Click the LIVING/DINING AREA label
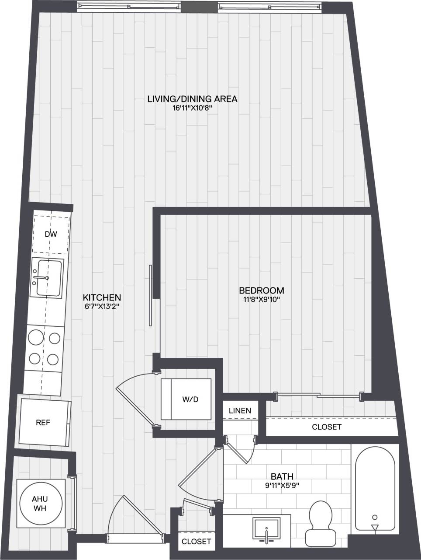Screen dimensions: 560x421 click(192, 99)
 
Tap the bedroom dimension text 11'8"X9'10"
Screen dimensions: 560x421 click(261, 300)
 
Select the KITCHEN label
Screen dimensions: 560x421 click(102, 297)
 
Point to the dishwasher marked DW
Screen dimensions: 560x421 click(52, 234)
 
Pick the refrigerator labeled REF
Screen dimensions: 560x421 click(44, 423)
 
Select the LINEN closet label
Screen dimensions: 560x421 click(240, 410)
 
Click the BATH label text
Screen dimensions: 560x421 click(282, 476)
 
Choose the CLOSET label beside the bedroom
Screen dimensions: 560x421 click(327, 427)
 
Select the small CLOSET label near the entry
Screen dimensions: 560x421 click(196, 541)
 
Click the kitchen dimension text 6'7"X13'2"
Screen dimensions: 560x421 click(102, 306)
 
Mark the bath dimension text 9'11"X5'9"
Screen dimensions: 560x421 click(282, 485)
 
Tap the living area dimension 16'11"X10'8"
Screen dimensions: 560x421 click(192, 108)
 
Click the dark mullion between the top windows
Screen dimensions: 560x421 click(199, 7)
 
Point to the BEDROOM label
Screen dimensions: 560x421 click(261, 290)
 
